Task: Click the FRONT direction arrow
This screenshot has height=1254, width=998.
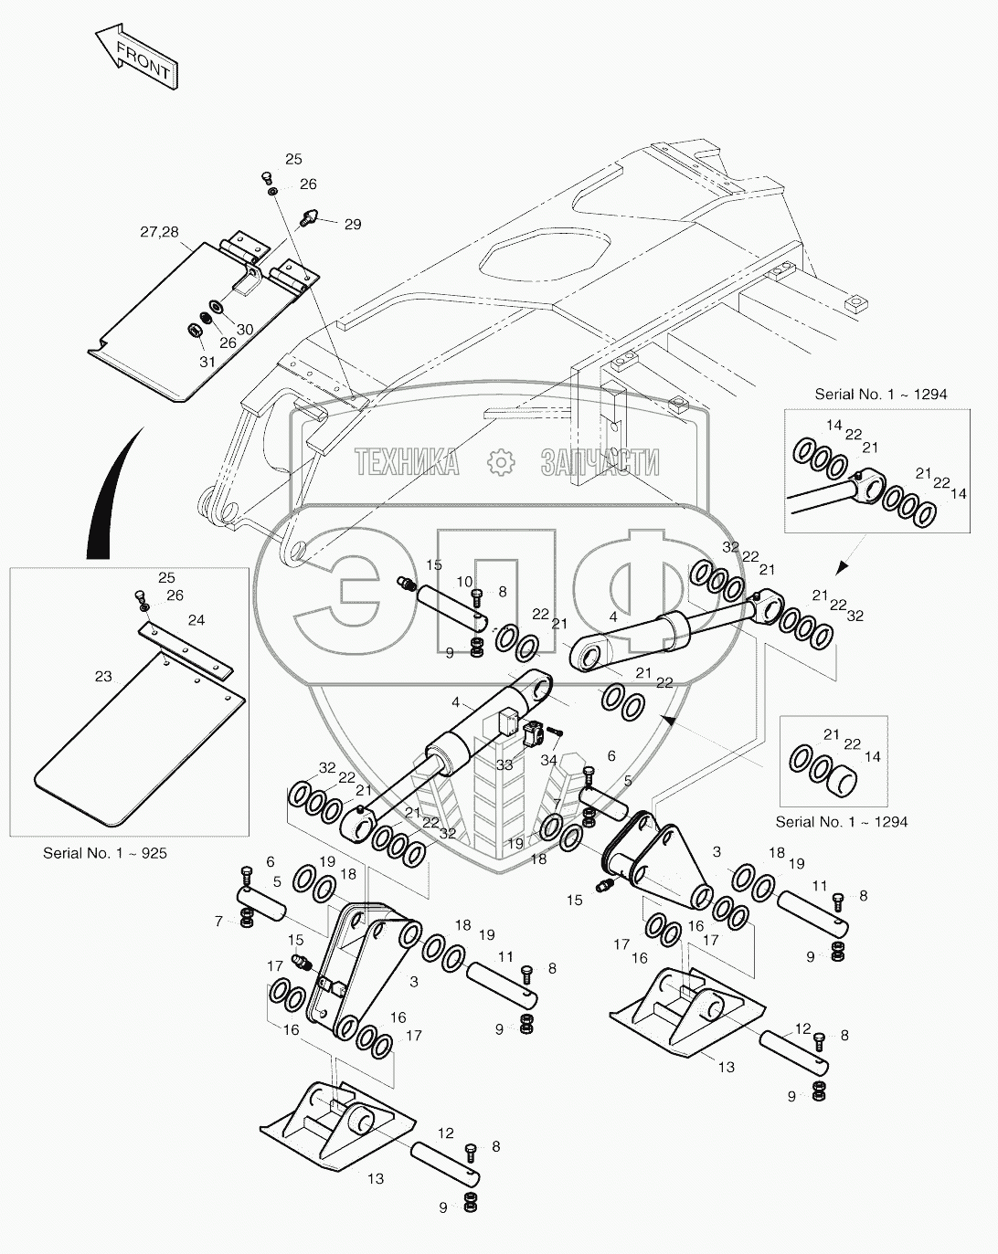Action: pyautogui.click(x=136, y=56)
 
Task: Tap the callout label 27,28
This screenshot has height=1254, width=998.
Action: pyautogui.click(x=159, y=232)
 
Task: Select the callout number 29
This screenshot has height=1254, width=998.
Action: pyautogui.click(x=352, y=225)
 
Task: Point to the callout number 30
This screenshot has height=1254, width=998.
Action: pyautogui.click(x=245, y=329)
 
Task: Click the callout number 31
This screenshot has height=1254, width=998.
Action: pyautogui.click(x=207, y=362)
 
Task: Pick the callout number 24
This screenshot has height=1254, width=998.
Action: pyautogui.click(x=196, y=620)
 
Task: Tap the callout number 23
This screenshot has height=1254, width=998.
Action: pyautogui.click(x=103, y=677)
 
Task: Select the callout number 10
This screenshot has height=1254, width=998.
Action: pyautogui.click(x=464, y=582)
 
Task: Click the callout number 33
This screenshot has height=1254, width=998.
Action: pyautogui.click(x=504, y=765)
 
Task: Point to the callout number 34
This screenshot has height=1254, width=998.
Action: pyautogui.click(x=548, y=760)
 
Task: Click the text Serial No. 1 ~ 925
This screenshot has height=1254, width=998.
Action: pyautogui.click(x=105, y=853)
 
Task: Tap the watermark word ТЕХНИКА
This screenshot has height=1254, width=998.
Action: pyautogui.click(x=407, y=462)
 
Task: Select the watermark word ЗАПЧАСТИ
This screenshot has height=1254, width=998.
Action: pyautogui.click(x=600, y=462)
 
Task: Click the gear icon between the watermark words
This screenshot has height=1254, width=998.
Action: pyautogui.click(x=501, y=462)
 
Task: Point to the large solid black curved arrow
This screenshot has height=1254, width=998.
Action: pyautogui.click(x=112, y=495)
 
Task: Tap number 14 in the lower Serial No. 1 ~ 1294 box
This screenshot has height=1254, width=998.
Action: pyautogui.click(x=873, y=756)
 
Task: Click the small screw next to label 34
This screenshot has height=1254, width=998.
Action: pyautogui.click(x=555, y=732)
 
